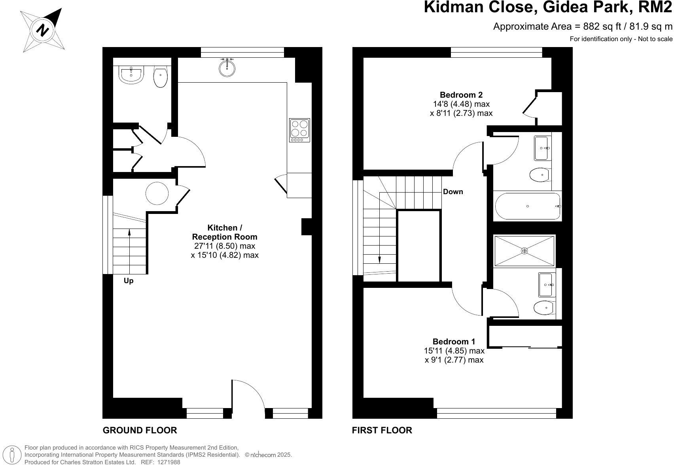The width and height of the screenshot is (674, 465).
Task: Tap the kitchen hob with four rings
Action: (299, 130)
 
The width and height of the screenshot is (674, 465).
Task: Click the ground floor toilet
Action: (161, 77)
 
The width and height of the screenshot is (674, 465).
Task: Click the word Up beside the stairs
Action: (129, 281)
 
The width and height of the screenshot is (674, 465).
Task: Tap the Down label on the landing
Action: (453, 192)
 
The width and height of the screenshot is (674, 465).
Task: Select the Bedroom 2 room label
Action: (461, 95)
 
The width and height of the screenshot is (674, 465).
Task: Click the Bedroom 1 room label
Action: (454, 342)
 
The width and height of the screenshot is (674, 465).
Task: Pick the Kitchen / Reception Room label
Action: (225, 232)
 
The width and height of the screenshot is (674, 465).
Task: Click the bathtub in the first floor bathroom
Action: (528, 206)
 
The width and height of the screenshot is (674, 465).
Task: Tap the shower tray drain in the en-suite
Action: (524, 251)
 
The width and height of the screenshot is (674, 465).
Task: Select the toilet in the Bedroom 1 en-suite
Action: (543, 307)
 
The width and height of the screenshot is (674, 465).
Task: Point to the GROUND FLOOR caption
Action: (140, 430)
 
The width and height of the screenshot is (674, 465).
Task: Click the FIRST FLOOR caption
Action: (382, 430)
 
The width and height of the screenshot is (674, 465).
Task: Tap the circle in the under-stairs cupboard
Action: (157, 193)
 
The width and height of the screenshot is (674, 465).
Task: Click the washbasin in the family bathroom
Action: (543, 148)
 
